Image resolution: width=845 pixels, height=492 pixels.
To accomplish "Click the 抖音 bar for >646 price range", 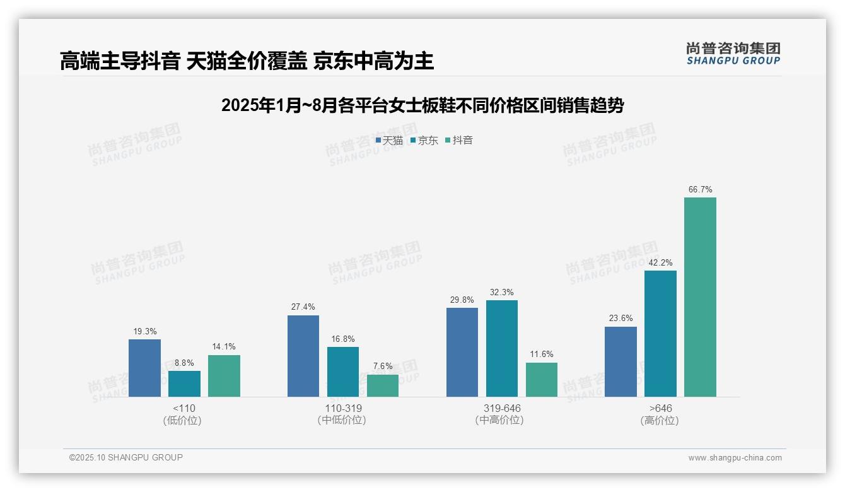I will coord(700,297).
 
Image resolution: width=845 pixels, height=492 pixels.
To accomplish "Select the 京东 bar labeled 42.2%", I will coord(660,334).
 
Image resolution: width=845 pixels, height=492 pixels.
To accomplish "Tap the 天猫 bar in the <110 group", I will coord(144,368).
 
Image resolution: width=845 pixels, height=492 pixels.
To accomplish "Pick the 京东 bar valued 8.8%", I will coord(184,384).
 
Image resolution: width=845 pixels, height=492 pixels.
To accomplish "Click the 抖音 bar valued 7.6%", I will coord(383,385).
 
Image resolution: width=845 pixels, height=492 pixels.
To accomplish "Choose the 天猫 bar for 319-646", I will coord(462,352).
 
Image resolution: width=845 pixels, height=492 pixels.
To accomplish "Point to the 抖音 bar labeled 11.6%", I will coord(542,379).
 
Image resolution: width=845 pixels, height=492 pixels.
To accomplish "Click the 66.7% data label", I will coord(700,189).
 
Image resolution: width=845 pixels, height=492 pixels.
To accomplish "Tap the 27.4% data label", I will coord(303,307).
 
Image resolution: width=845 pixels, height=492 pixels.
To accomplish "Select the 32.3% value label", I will coord(502,292).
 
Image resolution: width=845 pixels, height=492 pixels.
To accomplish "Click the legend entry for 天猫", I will coord(389,140).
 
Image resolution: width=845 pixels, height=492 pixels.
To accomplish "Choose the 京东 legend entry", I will coord(424,140).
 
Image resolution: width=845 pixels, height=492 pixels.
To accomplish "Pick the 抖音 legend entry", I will coord(459,140).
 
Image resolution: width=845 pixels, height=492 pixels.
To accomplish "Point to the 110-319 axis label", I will coord(343,408).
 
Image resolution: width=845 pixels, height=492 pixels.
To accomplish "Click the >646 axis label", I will coord(660,408).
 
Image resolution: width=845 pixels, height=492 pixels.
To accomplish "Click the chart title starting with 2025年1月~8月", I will coord(422,105).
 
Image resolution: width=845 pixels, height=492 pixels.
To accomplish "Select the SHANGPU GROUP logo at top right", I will coord(733,53).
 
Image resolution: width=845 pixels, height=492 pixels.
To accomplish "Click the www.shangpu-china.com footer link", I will coord(735,458).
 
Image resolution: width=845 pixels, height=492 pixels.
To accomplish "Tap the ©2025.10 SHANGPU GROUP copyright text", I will coord(126,457).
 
